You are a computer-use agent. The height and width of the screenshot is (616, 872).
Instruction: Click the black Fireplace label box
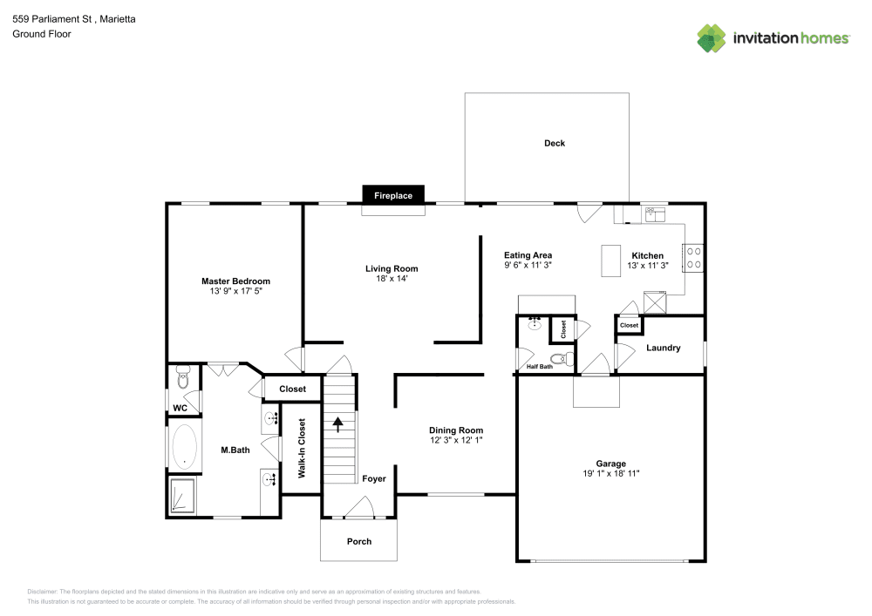[x=393, y=195]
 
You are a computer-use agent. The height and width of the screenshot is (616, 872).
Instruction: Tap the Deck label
[x=555, y=143]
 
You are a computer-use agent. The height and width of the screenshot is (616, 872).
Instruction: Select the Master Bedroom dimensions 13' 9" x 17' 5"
[x=235, y=292]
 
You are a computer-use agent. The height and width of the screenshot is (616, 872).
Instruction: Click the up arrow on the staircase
[x=337, y=424]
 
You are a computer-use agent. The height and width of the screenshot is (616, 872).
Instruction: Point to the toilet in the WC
[x=182, y=379]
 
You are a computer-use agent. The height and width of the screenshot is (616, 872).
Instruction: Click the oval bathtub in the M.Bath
[x=184, y=448]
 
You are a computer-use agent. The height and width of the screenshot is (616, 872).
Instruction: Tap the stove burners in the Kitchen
[x=694, y=257]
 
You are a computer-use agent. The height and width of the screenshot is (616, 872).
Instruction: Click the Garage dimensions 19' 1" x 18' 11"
[x=610, y=474]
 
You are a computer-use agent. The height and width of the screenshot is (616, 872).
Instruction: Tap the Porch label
[x=359, y=541]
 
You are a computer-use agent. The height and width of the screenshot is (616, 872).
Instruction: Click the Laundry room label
[x=663, y=348]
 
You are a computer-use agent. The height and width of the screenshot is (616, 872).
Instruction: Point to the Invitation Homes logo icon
[x=711, y=37]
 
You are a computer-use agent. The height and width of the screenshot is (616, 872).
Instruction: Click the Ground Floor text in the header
[x=42, y=34]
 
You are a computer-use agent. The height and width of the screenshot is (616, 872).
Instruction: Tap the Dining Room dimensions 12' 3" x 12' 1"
[x=455, y=441]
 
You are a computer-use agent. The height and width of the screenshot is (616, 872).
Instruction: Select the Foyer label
[x=373, y=478]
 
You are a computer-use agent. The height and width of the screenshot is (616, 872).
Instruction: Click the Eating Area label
[x=528, y=255]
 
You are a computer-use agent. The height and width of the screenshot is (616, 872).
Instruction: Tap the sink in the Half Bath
[x=534, y=326]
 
